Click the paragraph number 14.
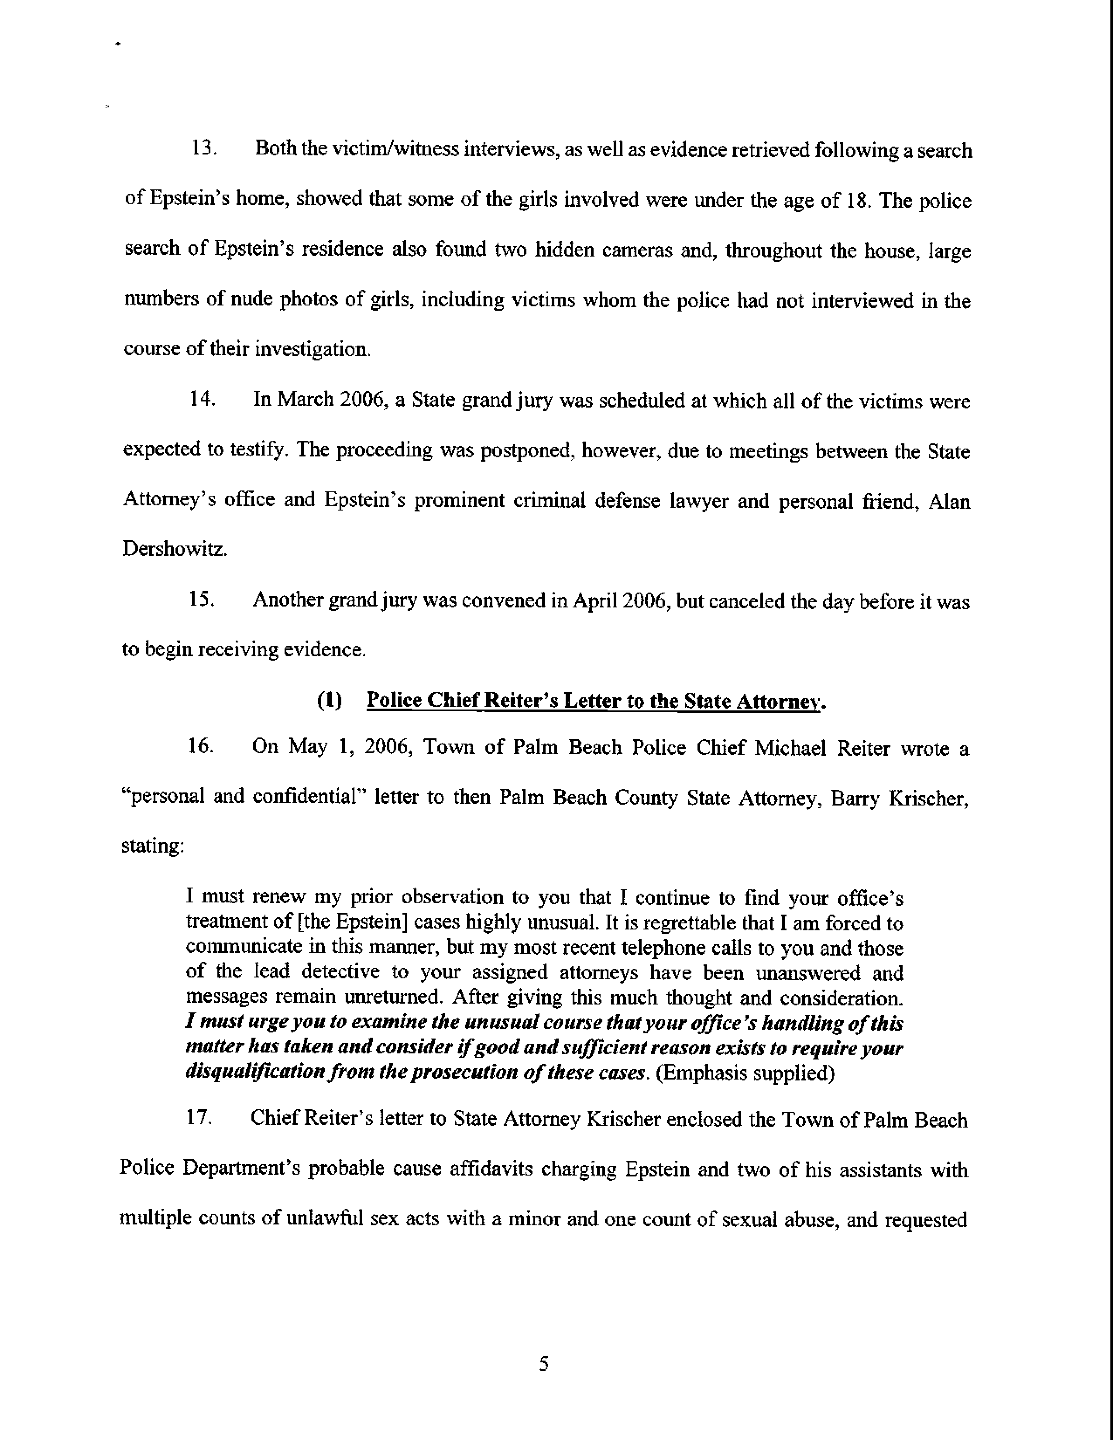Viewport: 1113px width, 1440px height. [x=201, y=400]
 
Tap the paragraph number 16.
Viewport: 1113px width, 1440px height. [x=200, y=747]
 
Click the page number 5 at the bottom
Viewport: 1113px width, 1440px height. [x=543, y=1364]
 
